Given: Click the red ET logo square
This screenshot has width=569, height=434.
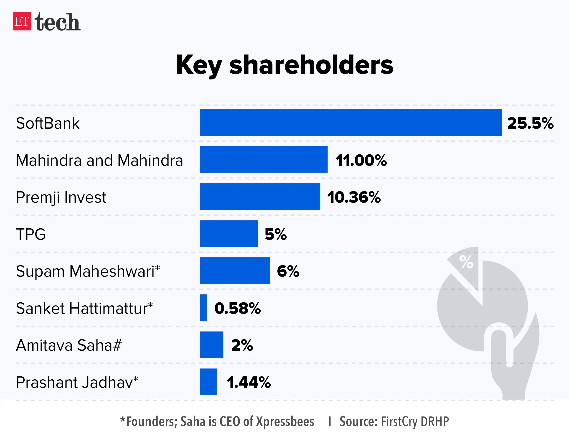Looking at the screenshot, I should pyautogui.click(x=22, y=21).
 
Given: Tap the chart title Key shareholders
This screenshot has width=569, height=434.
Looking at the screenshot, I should pyautogui.click(x=284, y=65).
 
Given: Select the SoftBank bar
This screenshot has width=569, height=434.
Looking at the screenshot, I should pyautogui.click(x=350, y=123).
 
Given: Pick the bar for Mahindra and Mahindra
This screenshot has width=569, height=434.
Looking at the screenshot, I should pyautogui.click(x=264, y=159).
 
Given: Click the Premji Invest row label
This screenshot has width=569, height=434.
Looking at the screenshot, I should pyautogui.click(x=61, y=197).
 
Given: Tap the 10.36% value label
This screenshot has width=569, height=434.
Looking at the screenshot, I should pyautogui.click(x=354, y=197).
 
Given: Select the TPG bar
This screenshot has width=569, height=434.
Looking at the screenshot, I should pyautogui.click(x=229, y=234).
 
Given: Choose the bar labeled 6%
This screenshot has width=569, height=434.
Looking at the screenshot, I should pyautogui.click(x=234, y=271).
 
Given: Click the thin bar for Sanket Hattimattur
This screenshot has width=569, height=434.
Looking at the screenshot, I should pyautogui.click(x=203, y=307).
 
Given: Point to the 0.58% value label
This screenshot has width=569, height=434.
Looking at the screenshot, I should pyautogui.click(x=237, y=308).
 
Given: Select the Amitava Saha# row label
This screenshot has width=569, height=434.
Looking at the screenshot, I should pyautogui.click(x=69, y=345).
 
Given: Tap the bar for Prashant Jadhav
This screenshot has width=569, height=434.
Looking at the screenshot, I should pyautogui.click(x=208, y=382).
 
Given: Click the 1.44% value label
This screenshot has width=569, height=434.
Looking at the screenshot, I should pyautogui.click(x=248, y=382).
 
